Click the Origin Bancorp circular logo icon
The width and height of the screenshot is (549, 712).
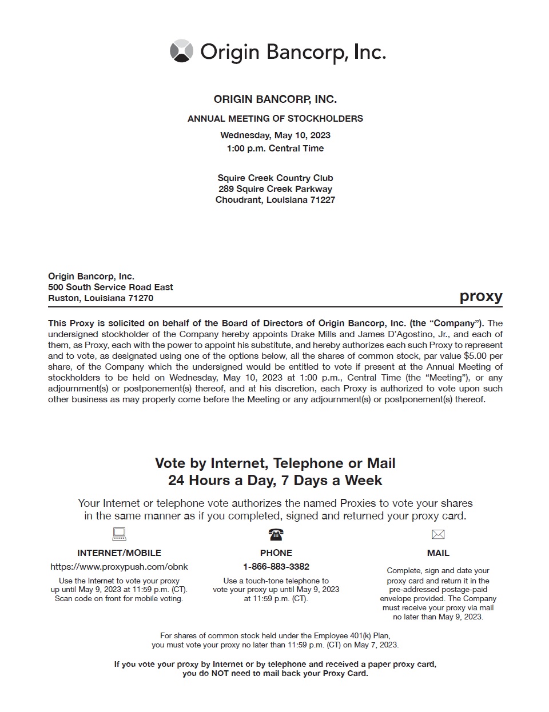click(x=181, y=51)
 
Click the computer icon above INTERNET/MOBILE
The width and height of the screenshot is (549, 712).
click(x=119, y=534)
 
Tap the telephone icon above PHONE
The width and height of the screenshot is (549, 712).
click(x=276, y=535)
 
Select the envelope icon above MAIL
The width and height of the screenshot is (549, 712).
click(x=438, y=535)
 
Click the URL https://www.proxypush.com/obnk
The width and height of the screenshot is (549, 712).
click(x=119, y=567)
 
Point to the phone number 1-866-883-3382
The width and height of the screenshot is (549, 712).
click(x=276, y=567)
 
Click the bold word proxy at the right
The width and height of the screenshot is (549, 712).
click(x=480, y=297)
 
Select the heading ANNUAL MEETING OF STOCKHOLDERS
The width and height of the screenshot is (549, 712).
click(x=275, y=119)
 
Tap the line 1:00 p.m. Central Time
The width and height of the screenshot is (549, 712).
click(x=275, y=149)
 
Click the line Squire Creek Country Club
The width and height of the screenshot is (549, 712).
click(x=275, y=178)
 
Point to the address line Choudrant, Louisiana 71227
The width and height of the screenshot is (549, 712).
click(x=275, y=200)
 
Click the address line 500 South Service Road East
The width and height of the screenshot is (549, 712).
click(x=110, y=287)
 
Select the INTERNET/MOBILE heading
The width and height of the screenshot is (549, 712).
click(x=119, y=553)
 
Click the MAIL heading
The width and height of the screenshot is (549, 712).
click(x=438, y=553)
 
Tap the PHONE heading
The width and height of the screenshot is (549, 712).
click(x=276, y=553)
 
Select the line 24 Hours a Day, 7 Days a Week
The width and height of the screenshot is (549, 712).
click(x=275, y=481)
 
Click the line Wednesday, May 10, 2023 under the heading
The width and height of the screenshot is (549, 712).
click(x=275, y=135)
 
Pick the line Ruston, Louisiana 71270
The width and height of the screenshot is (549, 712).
click(x=101, y=298)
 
